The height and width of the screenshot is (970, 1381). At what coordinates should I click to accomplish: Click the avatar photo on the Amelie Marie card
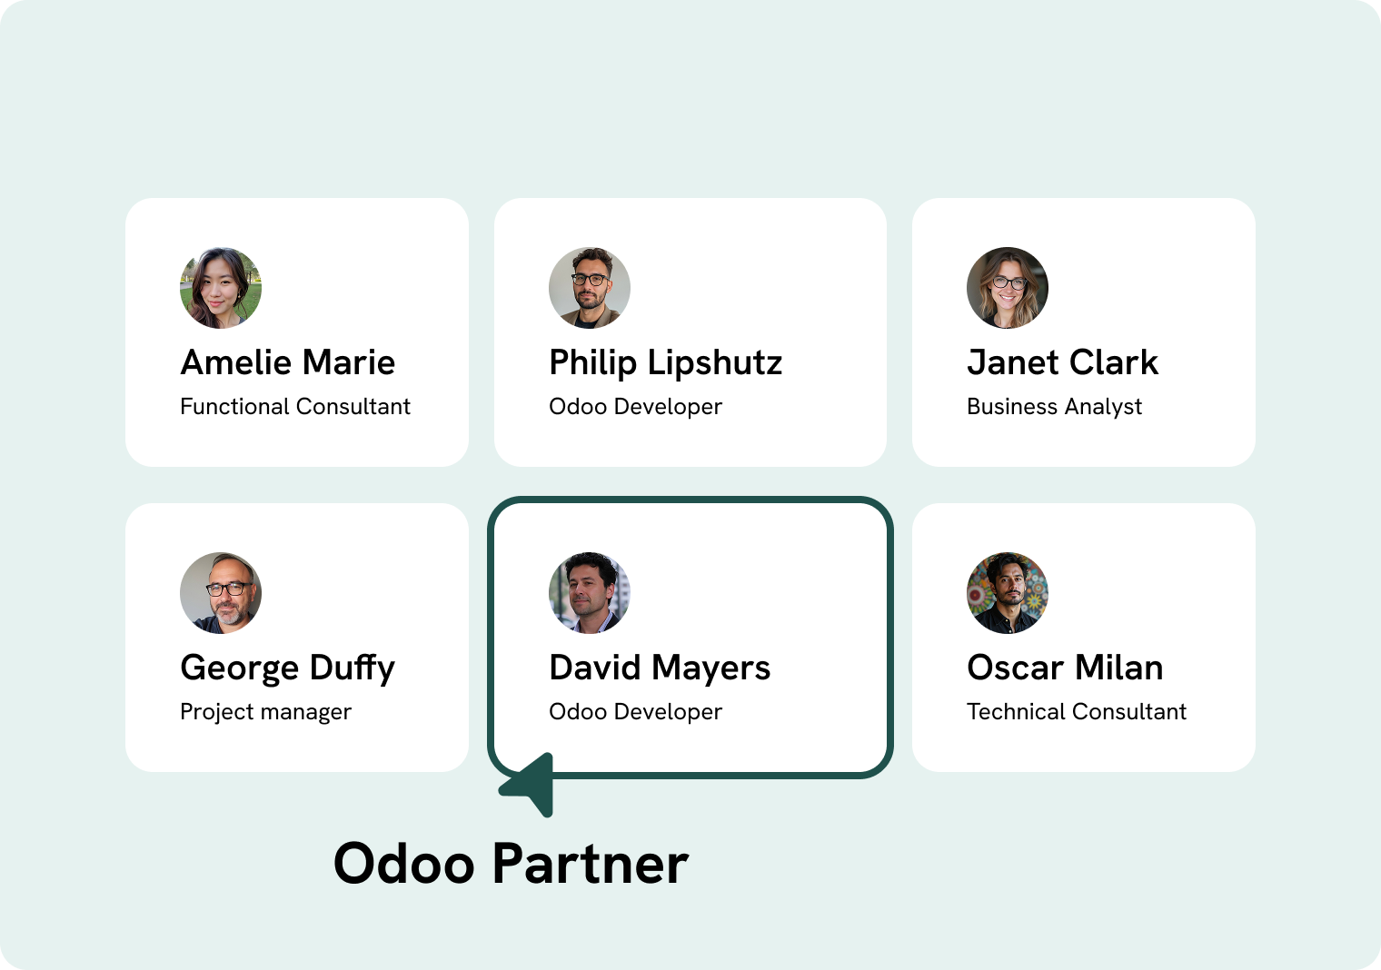[221, 288]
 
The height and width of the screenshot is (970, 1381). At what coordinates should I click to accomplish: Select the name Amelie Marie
[288, 362]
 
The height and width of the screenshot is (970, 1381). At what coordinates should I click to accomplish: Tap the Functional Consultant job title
[295, 407]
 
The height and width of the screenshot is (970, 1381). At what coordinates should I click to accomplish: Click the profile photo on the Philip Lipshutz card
[590, 288]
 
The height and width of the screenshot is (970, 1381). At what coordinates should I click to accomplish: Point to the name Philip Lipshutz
[665, 362]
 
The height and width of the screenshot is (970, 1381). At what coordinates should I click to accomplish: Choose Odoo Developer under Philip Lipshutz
[635, 407]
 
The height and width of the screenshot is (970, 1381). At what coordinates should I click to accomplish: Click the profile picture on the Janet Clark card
[1008, 288]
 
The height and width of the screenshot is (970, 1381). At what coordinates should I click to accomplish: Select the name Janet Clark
[1062, 362]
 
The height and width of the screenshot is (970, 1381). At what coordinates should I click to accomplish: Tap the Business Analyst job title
[1054, 407]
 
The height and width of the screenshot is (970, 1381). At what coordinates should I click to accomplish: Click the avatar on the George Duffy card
[221, 593]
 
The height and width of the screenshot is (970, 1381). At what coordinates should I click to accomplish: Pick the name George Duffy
[287, 668]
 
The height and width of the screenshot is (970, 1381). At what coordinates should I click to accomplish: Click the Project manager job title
[265, 712]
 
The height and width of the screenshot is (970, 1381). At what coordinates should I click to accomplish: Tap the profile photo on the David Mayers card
[590, 593]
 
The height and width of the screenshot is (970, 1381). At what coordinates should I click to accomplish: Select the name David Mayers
[660, 668]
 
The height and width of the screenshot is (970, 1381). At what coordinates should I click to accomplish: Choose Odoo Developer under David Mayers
[635, 712]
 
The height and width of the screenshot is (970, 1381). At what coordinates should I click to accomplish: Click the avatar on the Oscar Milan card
[1008, 593]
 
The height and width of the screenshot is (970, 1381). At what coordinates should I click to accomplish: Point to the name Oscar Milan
[1065, 668]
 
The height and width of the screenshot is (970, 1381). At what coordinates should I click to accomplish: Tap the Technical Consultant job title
[1077, 712]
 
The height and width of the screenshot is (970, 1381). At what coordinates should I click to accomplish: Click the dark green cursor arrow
[532, 784]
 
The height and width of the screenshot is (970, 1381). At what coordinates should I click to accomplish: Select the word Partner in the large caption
[591, 863]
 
